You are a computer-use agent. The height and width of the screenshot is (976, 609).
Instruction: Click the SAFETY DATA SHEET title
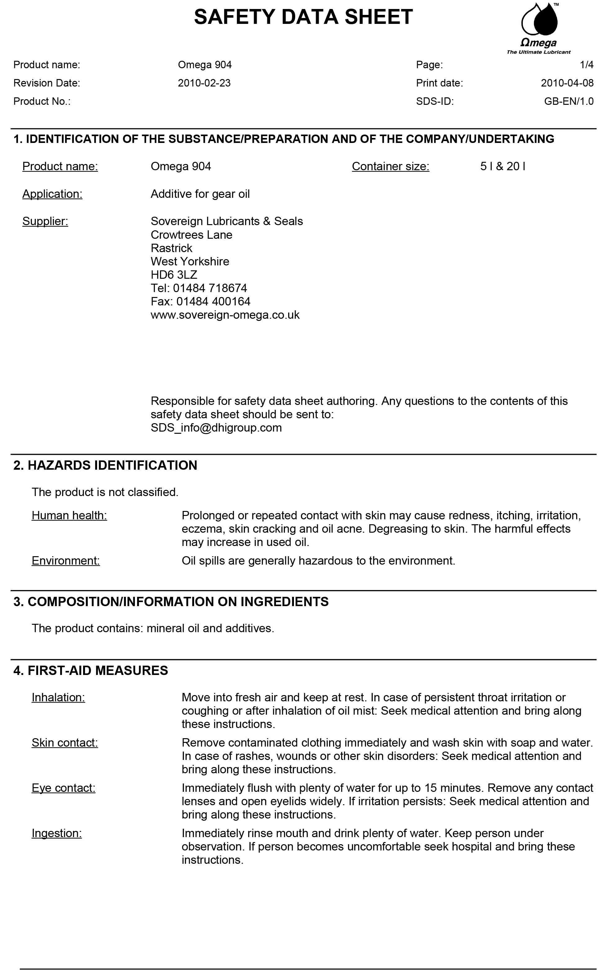303,17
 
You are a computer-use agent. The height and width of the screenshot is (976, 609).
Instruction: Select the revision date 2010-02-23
204,83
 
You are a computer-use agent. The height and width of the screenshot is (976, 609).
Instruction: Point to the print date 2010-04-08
567,83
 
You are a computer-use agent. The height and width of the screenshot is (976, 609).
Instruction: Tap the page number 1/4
586,65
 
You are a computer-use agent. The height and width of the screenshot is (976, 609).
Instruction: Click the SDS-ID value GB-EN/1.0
568,101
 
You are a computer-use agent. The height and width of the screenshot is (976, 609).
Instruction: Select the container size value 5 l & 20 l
502,166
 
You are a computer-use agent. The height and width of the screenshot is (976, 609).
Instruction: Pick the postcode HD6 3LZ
174,275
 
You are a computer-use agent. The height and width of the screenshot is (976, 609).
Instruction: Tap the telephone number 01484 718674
210,288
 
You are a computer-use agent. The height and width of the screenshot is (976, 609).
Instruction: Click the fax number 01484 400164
213,301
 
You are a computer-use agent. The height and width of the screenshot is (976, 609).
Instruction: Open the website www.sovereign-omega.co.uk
225,315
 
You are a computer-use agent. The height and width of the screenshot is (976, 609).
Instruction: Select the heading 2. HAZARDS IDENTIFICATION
105,465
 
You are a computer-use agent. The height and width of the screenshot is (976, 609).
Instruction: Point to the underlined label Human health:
69,515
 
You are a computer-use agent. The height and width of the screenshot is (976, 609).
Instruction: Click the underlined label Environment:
66,561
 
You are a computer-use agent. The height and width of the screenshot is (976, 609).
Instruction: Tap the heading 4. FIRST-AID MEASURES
91,670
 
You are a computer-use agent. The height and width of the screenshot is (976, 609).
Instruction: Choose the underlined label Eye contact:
64,787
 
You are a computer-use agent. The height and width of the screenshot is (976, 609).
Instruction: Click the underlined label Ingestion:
57,833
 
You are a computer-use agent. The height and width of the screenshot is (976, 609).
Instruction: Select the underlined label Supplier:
45,221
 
